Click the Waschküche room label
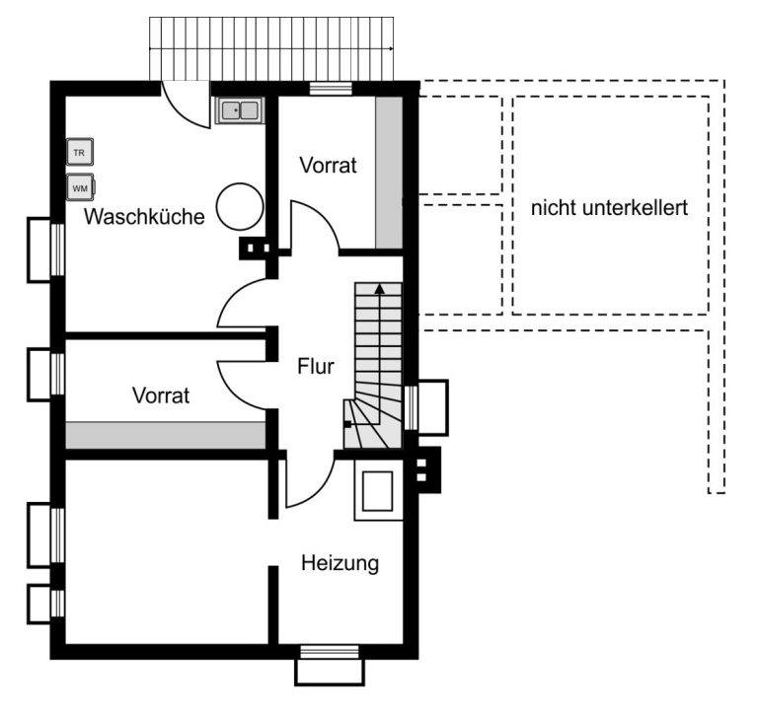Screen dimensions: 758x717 [x=144, y=217]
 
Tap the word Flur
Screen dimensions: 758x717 [x=316, y=367]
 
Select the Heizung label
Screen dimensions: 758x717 [x=340, y=564]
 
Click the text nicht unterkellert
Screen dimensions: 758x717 [x=609, y=208]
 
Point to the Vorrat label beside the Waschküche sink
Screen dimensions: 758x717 [x=329, y=166]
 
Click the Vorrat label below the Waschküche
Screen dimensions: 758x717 [x=161, y=395]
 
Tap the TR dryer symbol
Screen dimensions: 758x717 [x=79, y=152]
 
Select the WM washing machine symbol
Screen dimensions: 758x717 [x=80, y=187]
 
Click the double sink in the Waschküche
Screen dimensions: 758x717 [x=240, y=110]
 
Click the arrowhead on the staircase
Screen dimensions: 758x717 [x=380, y=289]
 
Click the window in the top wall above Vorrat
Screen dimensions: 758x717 [x=331, y=89]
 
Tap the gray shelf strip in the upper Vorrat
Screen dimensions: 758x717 [x=389, y=173]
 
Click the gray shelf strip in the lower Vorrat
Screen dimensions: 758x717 [x=166, y=435]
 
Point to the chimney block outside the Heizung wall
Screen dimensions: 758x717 [x=427, y=470]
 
